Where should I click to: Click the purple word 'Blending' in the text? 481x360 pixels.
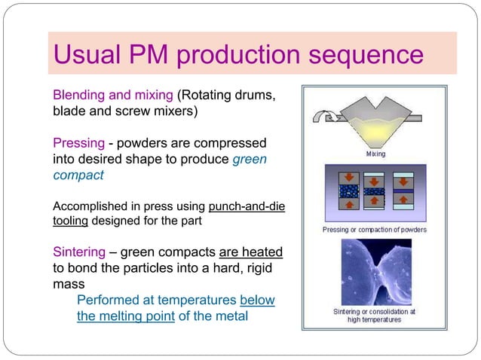coord(80,96)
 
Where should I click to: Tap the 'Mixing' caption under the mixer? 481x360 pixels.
coord(375,154)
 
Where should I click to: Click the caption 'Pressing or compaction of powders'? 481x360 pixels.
coord(375,229)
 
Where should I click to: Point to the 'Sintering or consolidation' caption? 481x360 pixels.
coord(375,311)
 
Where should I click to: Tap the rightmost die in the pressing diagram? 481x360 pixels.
coord(403,192)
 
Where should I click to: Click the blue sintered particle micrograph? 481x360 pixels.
coord(375,272)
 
